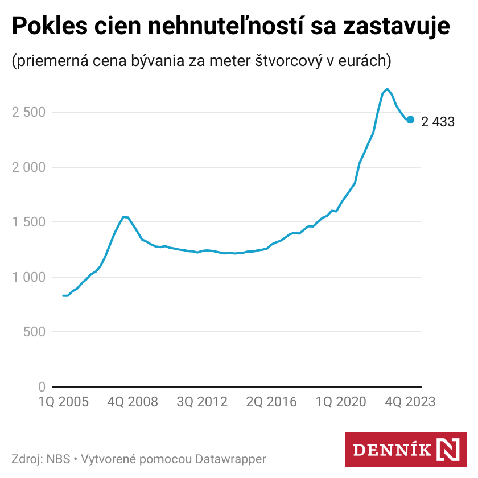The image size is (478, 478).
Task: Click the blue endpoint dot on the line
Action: coord(410,119)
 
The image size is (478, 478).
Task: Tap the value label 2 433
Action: coord(438,121)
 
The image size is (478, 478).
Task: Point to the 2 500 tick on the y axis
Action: coord(28,112)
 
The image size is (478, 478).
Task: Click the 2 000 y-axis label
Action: coord(28,167)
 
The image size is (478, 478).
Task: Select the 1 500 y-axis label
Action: coord(28,222)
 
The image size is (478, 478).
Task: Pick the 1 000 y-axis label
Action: coord(28,277)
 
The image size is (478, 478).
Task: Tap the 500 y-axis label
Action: coord(34,332)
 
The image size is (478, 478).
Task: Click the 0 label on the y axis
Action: coord(42,387)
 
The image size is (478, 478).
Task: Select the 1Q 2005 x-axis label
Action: coord(63,402)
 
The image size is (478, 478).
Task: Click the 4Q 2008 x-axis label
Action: coord(133,402)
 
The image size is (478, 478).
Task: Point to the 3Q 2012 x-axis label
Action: coord(202,402)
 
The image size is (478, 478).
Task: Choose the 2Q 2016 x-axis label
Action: coord(271,402)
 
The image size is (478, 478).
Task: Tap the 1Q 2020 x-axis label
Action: coord(341,402)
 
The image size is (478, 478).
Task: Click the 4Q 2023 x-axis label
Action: coord(410,402)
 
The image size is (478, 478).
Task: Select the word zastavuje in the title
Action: coord(397,27)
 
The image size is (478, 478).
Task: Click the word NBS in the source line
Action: coord(59,459)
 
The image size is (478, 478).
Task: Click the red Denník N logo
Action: coord(405,450)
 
